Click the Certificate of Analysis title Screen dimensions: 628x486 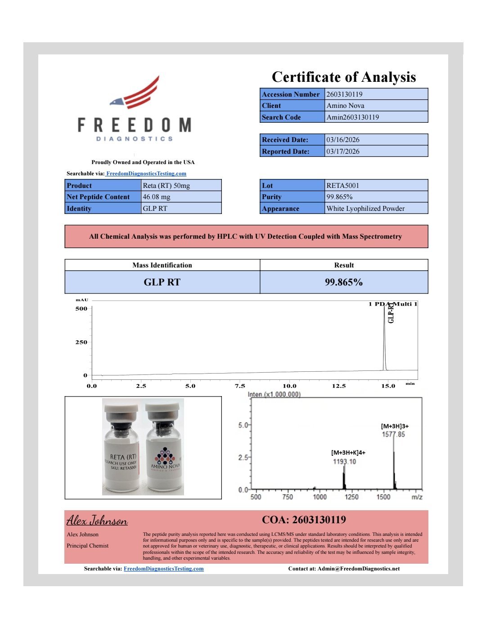coord(344,77)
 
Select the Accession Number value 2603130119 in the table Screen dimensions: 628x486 coord(344,94)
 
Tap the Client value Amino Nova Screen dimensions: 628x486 coord(345,106)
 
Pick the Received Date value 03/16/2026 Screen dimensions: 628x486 coord(343,140)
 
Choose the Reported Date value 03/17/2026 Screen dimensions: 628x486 coord(343,151)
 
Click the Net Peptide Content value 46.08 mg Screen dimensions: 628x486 coord(157,197)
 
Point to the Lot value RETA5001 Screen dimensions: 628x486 coord(342,186)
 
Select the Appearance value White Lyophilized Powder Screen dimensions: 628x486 coord(365,209)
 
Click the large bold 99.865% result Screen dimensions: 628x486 coord(344,282)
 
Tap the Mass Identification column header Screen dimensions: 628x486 coord(162,265)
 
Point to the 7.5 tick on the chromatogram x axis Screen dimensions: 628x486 coord(240,386)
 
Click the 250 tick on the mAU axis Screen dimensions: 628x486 coord(81,342)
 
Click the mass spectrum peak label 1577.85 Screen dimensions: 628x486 coord(393,434)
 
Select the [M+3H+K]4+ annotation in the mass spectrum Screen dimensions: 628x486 coord(348,453)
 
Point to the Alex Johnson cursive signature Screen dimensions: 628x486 coord(97,521)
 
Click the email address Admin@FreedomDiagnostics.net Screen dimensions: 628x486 coord(358,569)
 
